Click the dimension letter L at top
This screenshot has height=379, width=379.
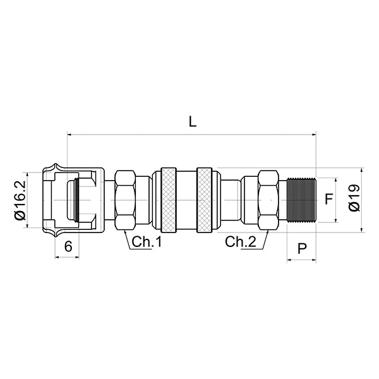pyautogui.click(x=193, y=122)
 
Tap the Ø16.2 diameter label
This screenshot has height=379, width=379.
pyautogui.click(x=20, y=200)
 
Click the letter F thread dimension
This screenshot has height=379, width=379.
pyautogui.click(x=328, y=200)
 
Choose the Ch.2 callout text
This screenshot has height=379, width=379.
pyautogui.click(x=241, y=241)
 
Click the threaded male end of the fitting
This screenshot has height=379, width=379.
pyautogui.click(x=300, y=200)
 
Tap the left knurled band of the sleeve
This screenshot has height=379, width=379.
pyautogui.click(x=169, y=200)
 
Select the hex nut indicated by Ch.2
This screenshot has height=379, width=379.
pyautogui.click(x=268, y=200)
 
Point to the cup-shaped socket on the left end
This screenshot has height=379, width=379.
pyautogui.click(x=69, y=200)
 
